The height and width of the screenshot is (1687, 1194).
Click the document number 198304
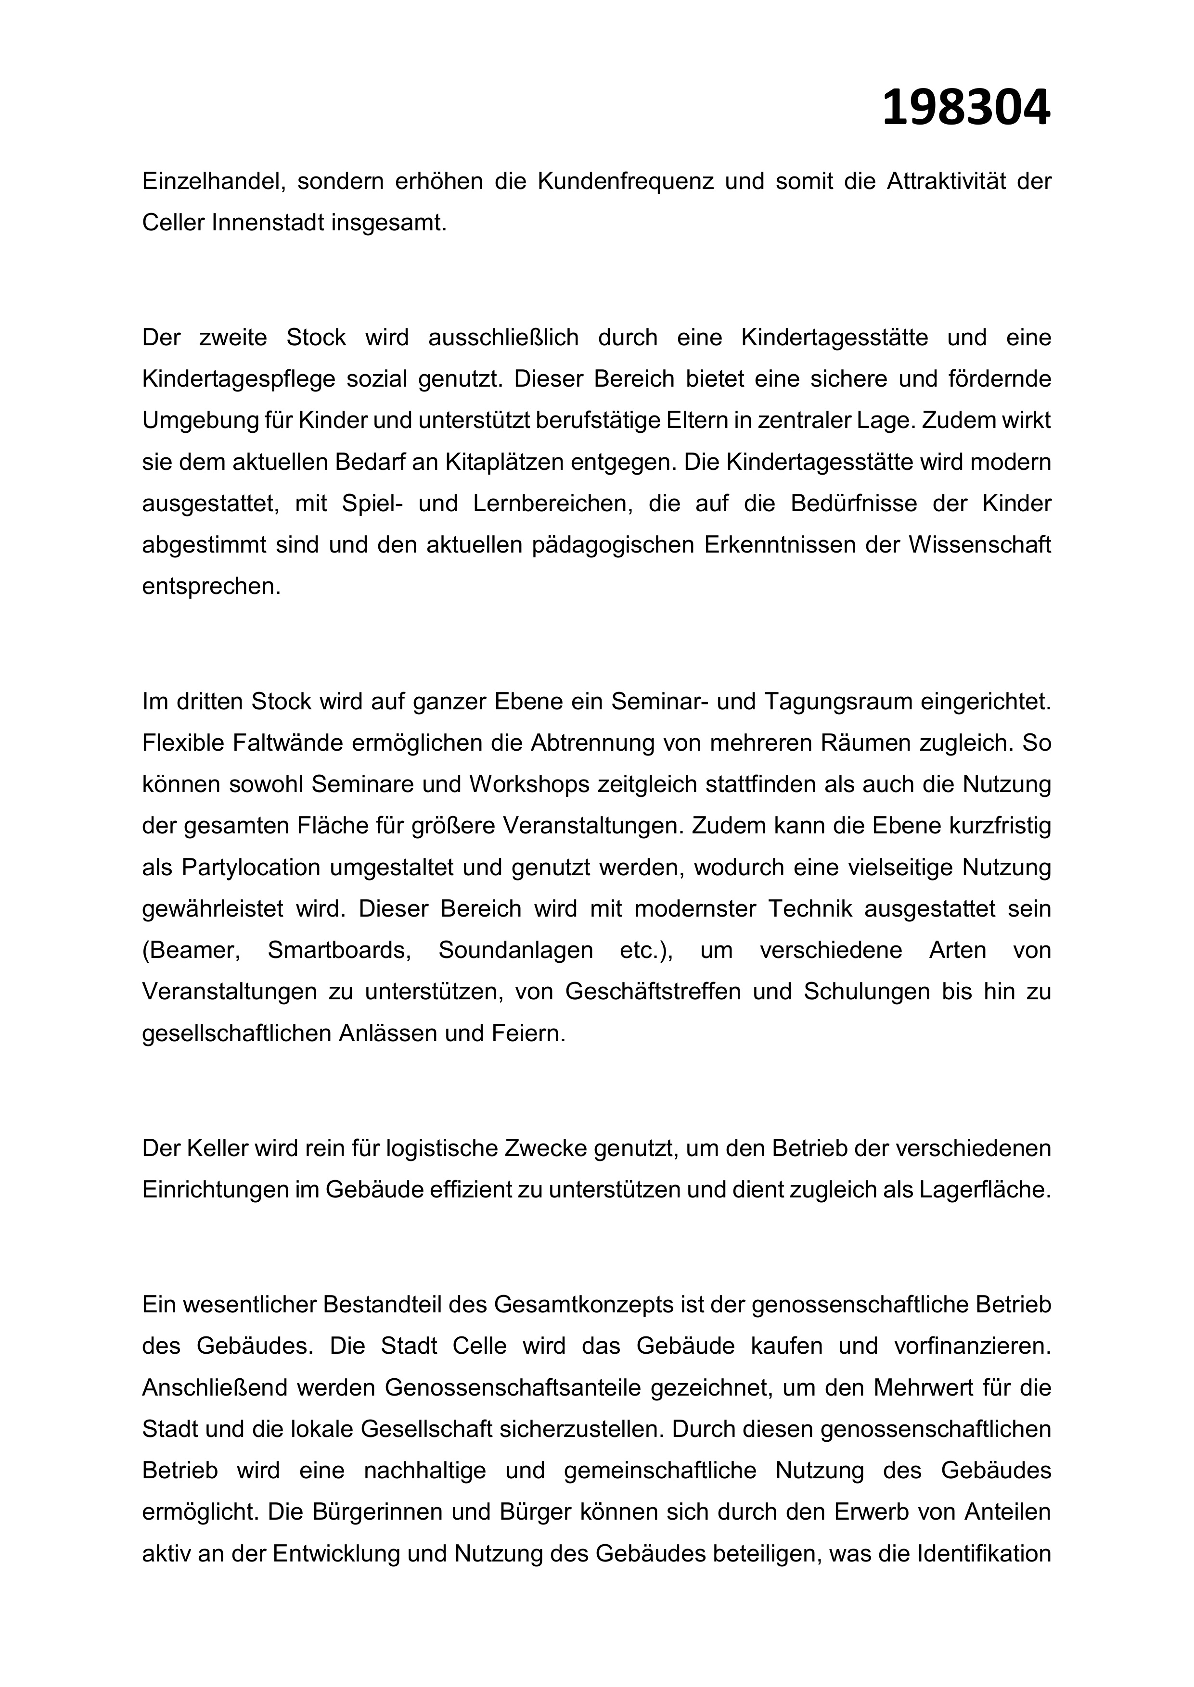pos(965,107)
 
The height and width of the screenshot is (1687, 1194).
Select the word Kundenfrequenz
pos(625,181)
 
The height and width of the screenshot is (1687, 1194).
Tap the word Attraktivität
pos(943,181)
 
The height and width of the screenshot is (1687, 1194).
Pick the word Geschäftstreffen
pos(652,992)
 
